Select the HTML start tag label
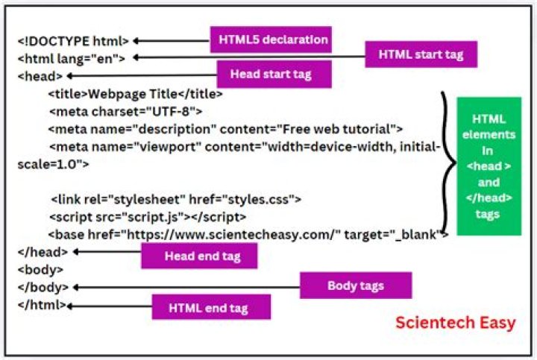[x=421, y=54]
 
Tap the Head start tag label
[x=271, y=74]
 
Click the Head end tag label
[x=200, y=256]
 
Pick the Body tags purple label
[x=356, y=285]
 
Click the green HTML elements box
[x=489, y=166]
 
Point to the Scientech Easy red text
[x=455, y=323]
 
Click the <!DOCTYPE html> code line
[x=73, y=42]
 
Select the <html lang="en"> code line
[x=71, y=58]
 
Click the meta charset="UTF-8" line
[x=126, y=111]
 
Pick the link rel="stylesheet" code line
[x=176, y=199]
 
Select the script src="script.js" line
[x=147, y=217]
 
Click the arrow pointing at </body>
[x=186, y=287]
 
